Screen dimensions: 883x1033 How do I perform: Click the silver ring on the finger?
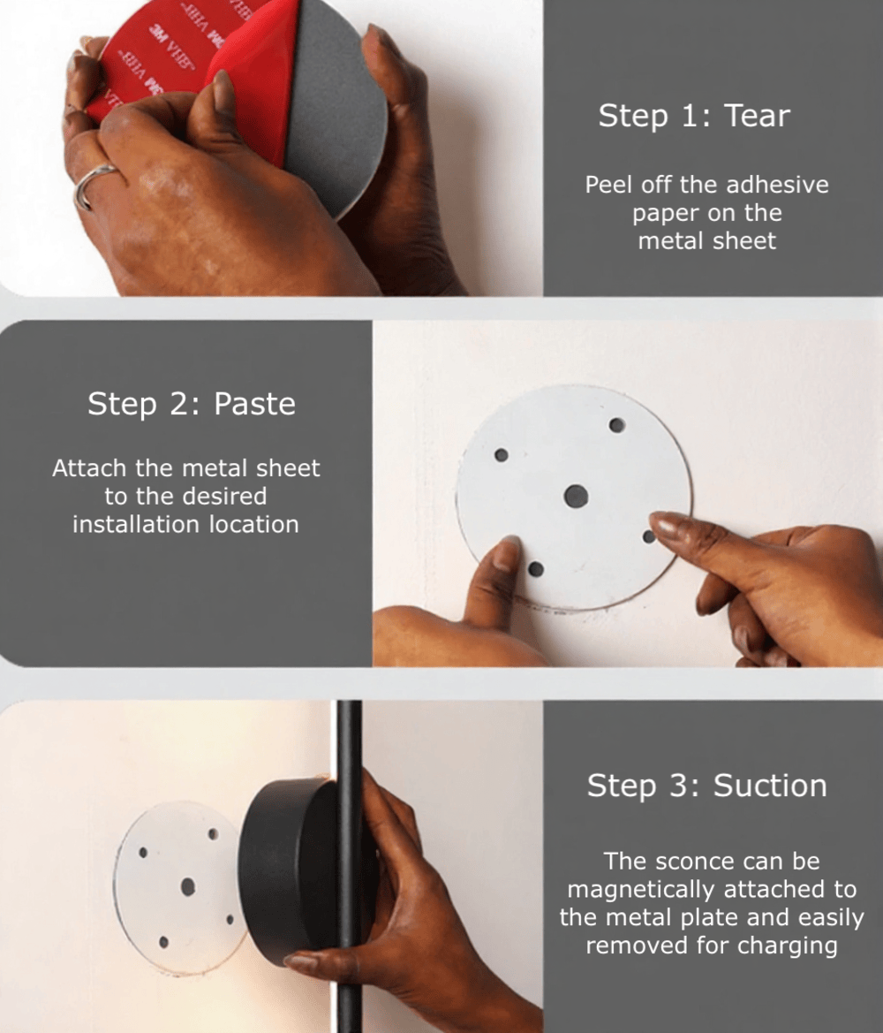92,183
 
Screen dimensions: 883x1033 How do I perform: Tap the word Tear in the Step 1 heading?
757,116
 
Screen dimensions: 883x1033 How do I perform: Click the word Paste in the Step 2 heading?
255,404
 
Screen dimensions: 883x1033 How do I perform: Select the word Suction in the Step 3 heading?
770,786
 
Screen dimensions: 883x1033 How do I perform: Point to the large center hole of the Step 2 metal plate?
576,496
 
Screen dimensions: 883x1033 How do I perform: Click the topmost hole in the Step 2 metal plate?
617,425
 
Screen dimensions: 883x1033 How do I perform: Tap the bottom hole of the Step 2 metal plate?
536,569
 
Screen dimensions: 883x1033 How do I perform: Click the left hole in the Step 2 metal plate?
501,454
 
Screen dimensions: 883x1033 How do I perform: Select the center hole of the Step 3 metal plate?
188,886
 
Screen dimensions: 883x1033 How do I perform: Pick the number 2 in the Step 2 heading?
178,404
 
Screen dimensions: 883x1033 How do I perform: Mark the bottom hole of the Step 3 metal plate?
164,943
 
